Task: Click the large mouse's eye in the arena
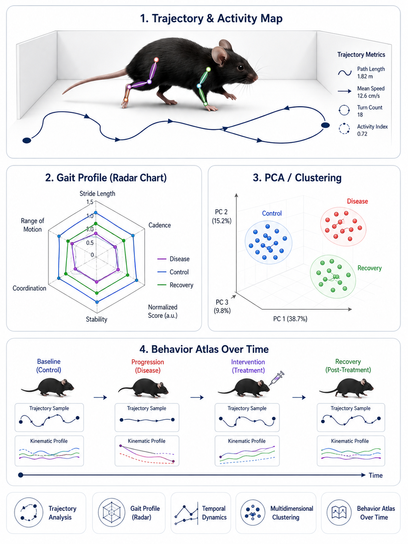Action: (x=240, y=67)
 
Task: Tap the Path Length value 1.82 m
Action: (x=365, y=76)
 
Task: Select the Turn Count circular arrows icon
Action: (x=344, y=110)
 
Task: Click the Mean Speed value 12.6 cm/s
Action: (x=368, y=96)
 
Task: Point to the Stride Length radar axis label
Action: (x=97, y=193)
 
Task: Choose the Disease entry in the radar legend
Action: (x=179, y=259)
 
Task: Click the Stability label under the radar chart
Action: (x=97, y=319)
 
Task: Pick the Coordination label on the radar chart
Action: (x=29, y=288)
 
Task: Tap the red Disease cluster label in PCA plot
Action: (x=357, y=201)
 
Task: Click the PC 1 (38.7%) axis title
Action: (x=290, y=319)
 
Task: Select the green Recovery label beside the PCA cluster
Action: (x=369, y=268)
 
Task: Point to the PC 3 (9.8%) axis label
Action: (x=222, y=306)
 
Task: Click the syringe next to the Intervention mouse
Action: (x=277, y=378)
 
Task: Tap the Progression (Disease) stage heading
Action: (x=148, y=366)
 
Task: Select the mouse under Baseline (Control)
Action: (x=48, y=387)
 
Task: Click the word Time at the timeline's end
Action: (x=376, y=475)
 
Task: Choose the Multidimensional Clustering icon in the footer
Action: (x=253, y=513)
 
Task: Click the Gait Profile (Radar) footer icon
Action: (x=112, y=512)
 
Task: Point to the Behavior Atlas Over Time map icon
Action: (x=339, y=512)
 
